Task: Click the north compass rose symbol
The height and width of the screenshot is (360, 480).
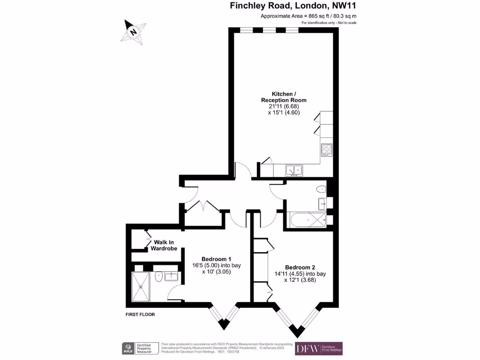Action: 133,32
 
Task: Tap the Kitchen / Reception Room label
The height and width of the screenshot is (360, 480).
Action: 284,97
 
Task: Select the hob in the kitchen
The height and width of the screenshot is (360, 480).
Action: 326,150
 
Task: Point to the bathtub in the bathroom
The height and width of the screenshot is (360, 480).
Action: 307,219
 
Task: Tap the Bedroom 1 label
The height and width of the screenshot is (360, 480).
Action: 216,259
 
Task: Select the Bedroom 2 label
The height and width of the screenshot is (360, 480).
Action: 300,268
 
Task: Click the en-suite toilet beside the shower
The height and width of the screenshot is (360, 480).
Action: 158,277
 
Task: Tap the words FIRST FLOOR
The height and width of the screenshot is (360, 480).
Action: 140,315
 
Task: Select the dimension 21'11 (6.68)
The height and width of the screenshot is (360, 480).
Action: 284,106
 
